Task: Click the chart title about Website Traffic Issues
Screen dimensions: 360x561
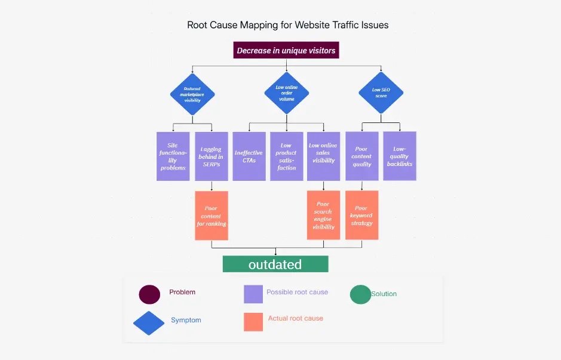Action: pyautogui.click(x=287, y=25)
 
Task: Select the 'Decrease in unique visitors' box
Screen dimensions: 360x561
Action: pyautogui.click(x=286, y=51)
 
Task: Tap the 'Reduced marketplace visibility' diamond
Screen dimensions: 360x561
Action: pyautogui.click(x=192, y=94)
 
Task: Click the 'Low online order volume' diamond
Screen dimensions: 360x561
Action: pyautogui.click(x=286, y=93)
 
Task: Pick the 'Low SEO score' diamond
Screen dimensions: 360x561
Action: pyautogui.click(x=381, y=93)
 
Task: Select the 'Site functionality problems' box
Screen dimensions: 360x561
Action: pyautogui.click(x=173, y=156)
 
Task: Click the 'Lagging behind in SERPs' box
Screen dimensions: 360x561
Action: pyautogui.click(x=211, y=156)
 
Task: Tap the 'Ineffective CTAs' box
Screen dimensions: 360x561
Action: pyautogui.click(x=249, y=156)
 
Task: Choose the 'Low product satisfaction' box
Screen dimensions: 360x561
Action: pyautogui.click(x=287, y=156)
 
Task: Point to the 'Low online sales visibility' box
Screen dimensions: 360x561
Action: pyautogui.click(x=323, y=156)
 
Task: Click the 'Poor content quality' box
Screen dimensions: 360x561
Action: pyautogui.click(x=362, y=156)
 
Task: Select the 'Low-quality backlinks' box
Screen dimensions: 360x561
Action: pyautogui.click(x=400, y=156)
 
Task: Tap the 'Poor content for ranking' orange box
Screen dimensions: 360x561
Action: pyautogui.click(x=211, y=216)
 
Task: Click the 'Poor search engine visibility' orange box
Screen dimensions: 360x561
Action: pyautogui.click(x=323, y=216)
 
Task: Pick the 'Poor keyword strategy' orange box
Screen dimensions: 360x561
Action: pyautogui.click(x=362, y=216)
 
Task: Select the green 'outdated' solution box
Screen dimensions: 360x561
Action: pyautogui.click(x=275, y=264)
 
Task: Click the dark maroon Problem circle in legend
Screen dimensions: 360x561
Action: pyautogui.click(x=149, y=294)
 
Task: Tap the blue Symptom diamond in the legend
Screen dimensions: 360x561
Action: pyautogui.click(x=149, y=323)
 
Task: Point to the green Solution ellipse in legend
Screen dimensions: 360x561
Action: pyautogui.click(x=360, y=294)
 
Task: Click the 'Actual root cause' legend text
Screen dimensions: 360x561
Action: pyautogui.click(x=295, y=319)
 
